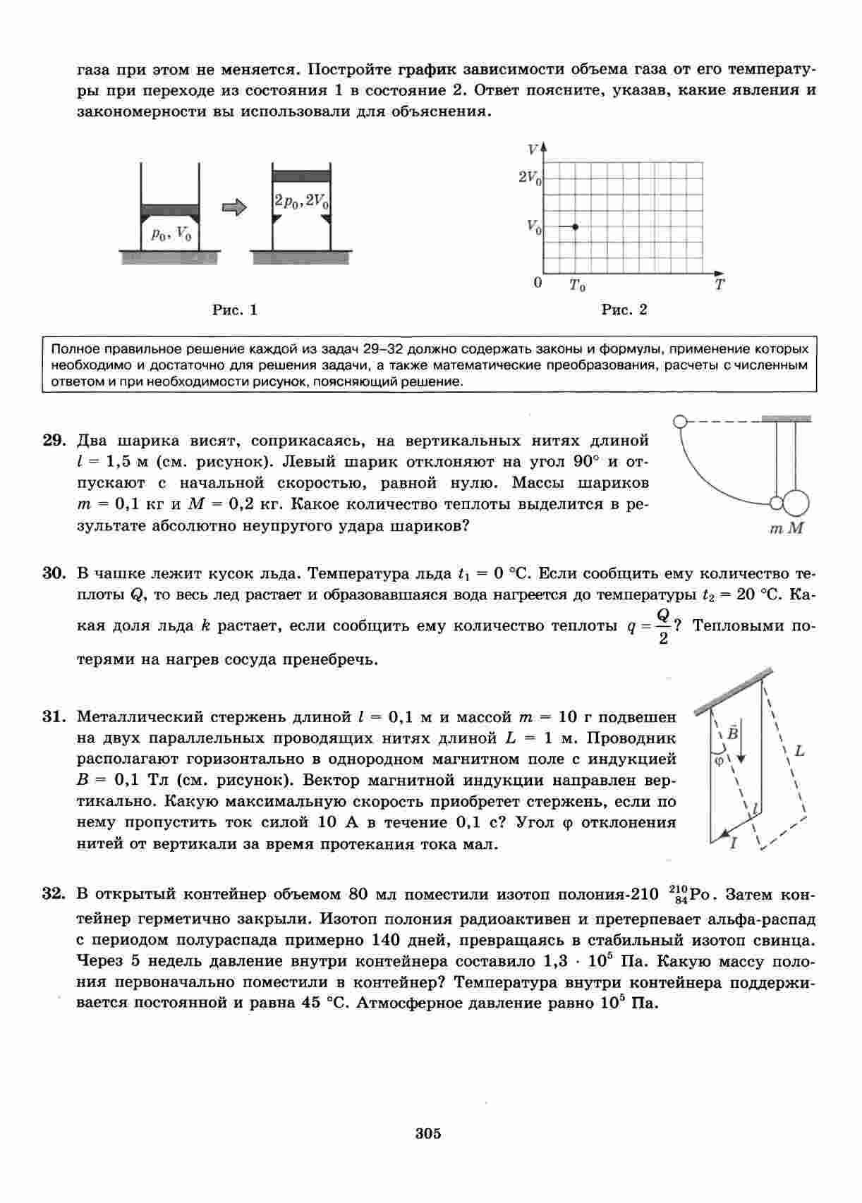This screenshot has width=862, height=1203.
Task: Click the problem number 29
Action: pos(54,441)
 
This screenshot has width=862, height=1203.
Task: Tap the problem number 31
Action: pos(54,717)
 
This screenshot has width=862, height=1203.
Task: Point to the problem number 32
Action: pos(54,894)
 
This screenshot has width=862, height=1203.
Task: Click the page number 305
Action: pos(428,1134)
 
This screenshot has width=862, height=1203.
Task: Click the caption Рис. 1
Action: pos(235,310)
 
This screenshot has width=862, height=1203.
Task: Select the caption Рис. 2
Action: pos(624,310)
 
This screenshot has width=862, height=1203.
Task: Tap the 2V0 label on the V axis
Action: pos(530,178)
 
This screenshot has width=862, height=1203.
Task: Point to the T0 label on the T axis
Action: pos(577,286)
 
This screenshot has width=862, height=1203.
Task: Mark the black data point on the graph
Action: pos(576,226)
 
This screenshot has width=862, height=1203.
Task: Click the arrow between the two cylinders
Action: pos(234,207)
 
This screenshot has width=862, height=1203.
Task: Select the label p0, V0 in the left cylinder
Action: pos(171,234)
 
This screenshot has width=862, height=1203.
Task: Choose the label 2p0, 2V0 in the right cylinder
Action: pos(301,202)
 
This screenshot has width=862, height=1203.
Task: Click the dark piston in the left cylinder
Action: pos(170,209)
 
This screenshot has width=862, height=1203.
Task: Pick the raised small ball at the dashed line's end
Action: pos(680,422)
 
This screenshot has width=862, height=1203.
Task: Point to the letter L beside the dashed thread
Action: pos(799,751)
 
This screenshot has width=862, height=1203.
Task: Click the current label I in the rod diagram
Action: pos(734,842)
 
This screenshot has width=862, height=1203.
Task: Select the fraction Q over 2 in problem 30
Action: pos(662,626)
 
